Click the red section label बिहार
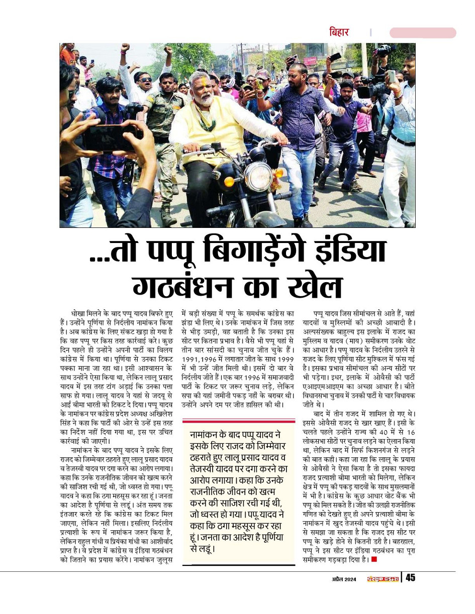(338, 33)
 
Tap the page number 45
(410, 578)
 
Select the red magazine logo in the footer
(381, 578)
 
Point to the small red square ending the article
(373, 559)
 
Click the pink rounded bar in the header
(423, 33)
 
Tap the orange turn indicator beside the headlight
(229, 182)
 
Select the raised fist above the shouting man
(125, 48)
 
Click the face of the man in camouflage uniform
(166, 81)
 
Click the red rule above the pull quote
(238, 421)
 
